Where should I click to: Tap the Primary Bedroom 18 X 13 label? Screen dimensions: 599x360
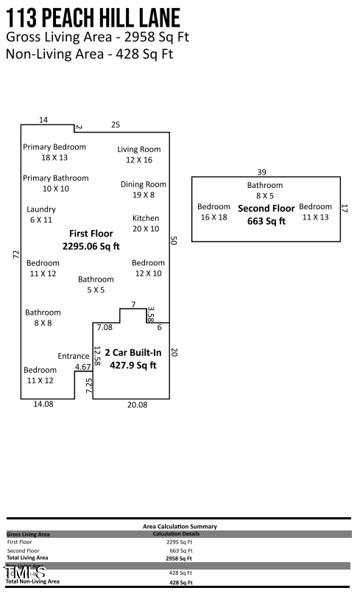54,152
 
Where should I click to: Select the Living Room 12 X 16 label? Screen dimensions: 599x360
138,154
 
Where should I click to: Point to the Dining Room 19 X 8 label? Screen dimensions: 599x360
144,189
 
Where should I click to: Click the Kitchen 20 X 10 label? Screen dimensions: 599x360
146,223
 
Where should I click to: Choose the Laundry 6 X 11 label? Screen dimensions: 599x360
41,214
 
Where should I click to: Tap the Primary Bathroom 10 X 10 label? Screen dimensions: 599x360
56,183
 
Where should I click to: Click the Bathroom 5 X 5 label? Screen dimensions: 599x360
96,284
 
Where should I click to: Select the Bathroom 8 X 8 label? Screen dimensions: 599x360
43,318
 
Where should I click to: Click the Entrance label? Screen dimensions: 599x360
74,357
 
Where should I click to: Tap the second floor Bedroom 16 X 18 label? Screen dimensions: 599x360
213,211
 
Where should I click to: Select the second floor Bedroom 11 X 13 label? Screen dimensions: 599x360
315,211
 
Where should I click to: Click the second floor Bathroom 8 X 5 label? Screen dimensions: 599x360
264,190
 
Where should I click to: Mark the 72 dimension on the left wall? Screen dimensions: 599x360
15,253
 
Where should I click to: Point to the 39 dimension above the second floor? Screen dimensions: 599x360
261,172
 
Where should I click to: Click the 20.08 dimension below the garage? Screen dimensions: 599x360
138,404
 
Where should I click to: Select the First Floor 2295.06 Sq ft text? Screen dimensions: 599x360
91,240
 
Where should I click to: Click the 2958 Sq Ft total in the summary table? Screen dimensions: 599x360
179,558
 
